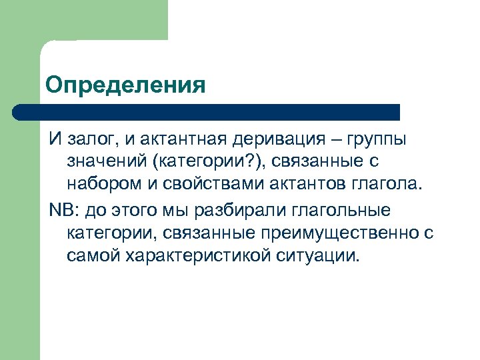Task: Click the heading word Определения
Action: pos(125,85)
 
